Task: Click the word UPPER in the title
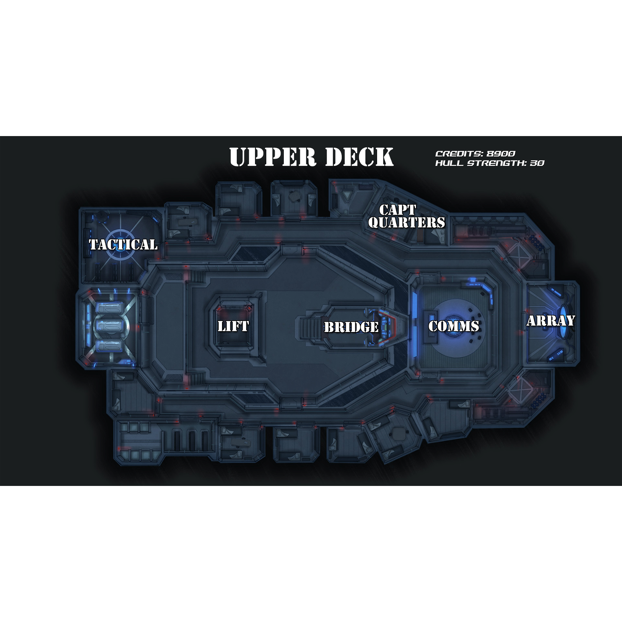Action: [272, 157]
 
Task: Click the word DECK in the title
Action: [359, 157]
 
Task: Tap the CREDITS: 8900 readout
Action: [475, 154]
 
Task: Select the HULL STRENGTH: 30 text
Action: [489, 163]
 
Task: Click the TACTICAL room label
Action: [123, 245]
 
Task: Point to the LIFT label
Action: [233, 326]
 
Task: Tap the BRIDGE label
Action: [351, 327]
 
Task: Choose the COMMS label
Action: [454, 326]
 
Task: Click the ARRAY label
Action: [551, 321]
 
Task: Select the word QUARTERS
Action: [407, 222]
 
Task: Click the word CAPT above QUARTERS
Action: [397, 210]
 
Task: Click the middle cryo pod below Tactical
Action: [110, 326]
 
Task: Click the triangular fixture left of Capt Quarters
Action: [346, 195]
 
